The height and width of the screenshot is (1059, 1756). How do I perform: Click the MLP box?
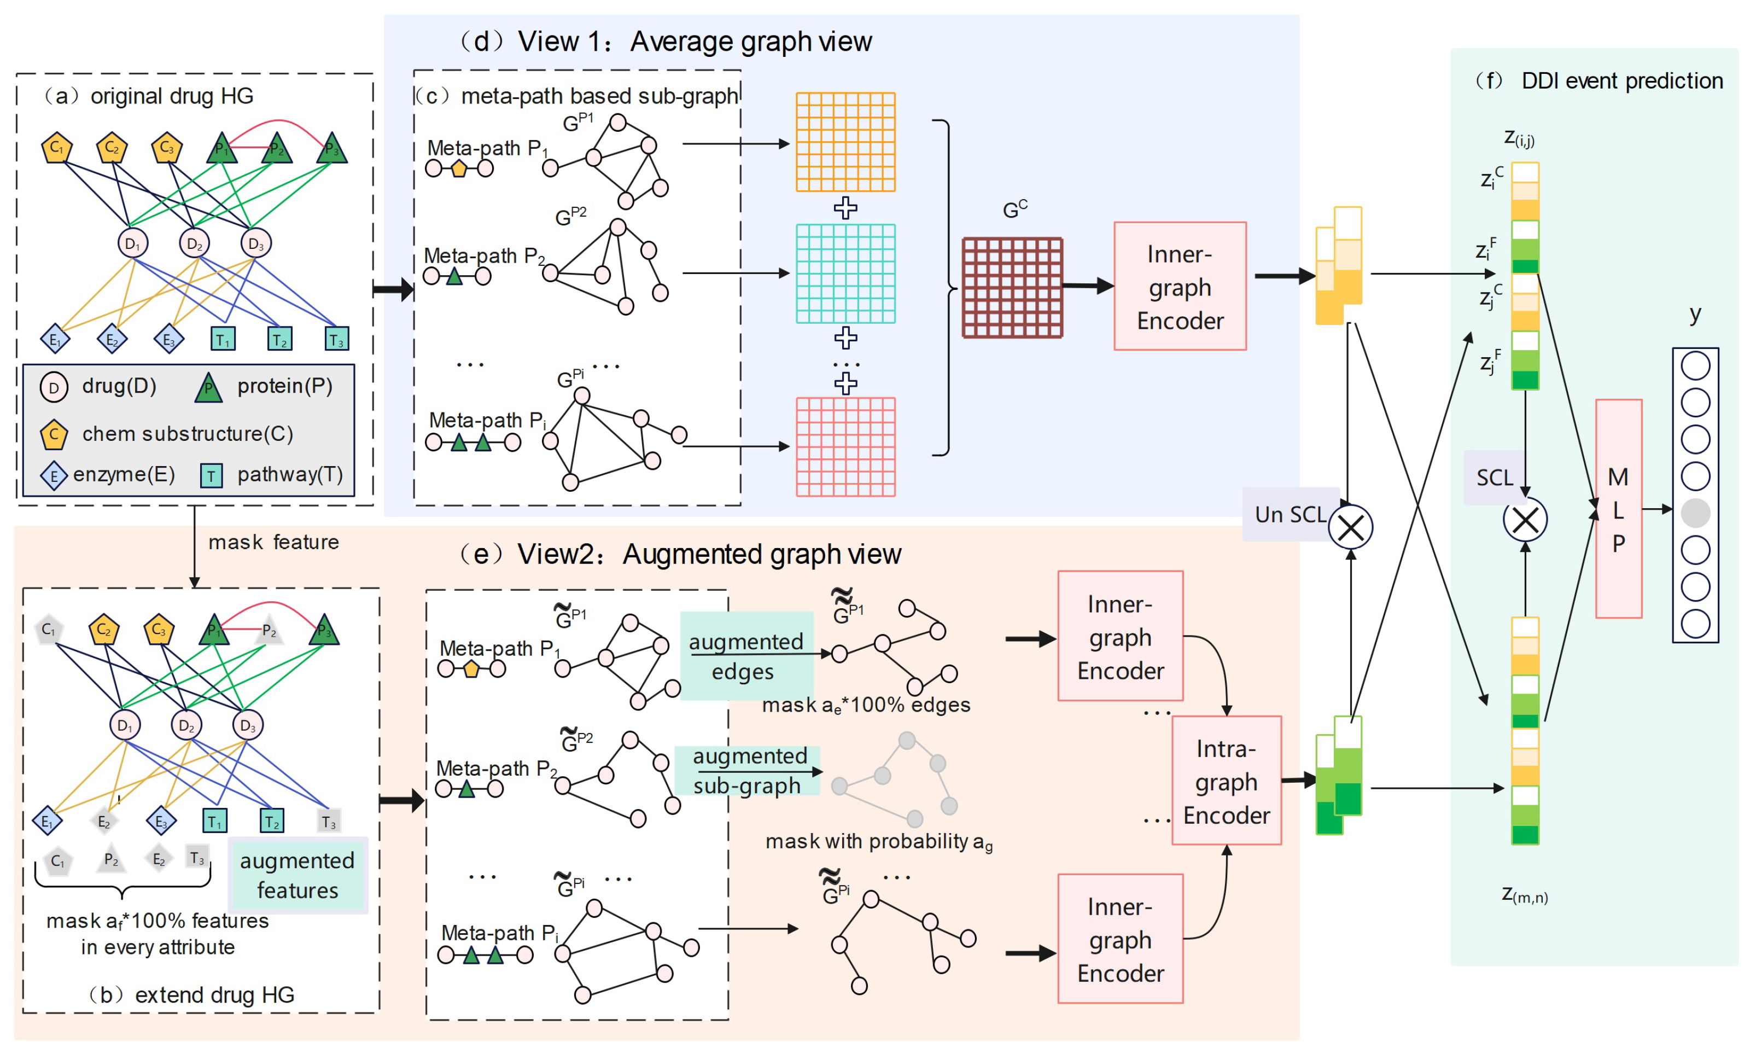pyautogui.click(x=1618, y=508)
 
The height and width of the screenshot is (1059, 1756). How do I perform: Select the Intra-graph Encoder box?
pyautogui.click(x=1226, y=781)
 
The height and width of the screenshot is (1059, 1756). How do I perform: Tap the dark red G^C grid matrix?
pyautogui.click(x=1011, y=287)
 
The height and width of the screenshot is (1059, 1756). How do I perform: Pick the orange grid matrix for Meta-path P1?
pyautogui.click(x=845, y=142)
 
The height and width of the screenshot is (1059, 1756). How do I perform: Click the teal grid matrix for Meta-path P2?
pyautogui.click(x=845, y=274)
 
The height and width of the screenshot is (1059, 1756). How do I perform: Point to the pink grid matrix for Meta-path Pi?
pyautogui.click(x=845, y=447)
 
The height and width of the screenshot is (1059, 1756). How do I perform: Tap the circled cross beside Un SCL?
pyautogui.click(x=1350, y=527)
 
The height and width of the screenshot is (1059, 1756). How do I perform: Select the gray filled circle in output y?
pyautogui.click(x=1695, y=513)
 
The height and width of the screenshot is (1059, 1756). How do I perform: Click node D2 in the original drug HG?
pyautogui.click(x=194, y=244)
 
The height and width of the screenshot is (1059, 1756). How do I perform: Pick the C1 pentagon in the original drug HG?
pyautogui.click(x=56, y=148)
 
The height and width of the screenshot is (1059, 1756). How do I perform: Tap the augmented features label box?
pyautogui.click(x=297, y=875)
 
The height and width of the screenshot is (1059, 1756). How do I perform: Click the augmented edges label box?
pyautogui.click(x=745, y=656)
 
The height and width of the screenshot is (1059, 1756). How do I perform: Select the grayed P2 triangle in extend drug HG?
pyautogui.click(x=269, y=630)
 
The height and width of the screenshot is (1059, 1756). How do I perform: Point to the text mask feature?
pyautogui.click(x=273, y=542)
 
